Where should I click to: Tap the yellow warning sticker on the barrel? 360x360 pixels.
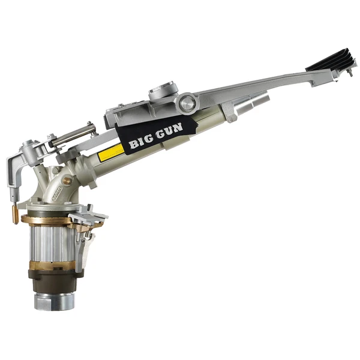[111, 152]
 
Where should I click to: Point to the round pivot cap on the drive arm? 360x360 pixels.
[187, 103]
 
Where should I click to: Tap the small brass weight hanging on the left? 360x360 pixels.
[15, 214]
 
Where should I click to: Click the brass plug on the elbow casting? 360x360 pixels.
[67, 181]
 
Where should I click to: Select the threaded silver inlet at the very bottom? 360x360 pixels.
[54, 301]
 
